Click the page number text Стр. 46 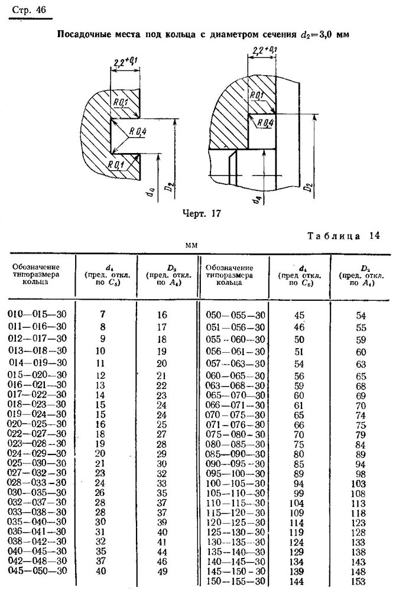(x=29, y=9)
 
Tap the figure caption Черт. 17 (x=202, y=214)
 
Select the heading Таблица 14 (x=343, y=236)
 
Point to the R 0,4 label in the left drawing (x=138, y=132)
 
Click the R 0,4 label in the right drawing (x=265, y=123)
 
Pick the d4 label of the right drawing (x=258, y=199)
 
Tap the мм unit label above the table (x=191, y=245)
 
